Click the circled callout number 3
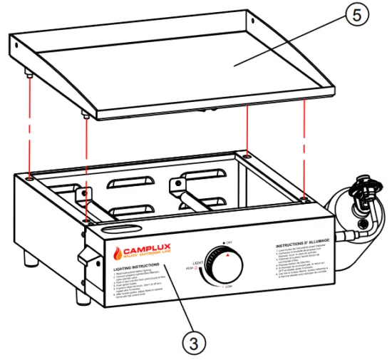(191, 342)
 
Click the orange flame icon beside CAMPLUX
(116, 253)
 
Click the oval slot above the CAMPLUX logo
(120, 230)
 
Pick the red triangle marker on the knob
(227, 254)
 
